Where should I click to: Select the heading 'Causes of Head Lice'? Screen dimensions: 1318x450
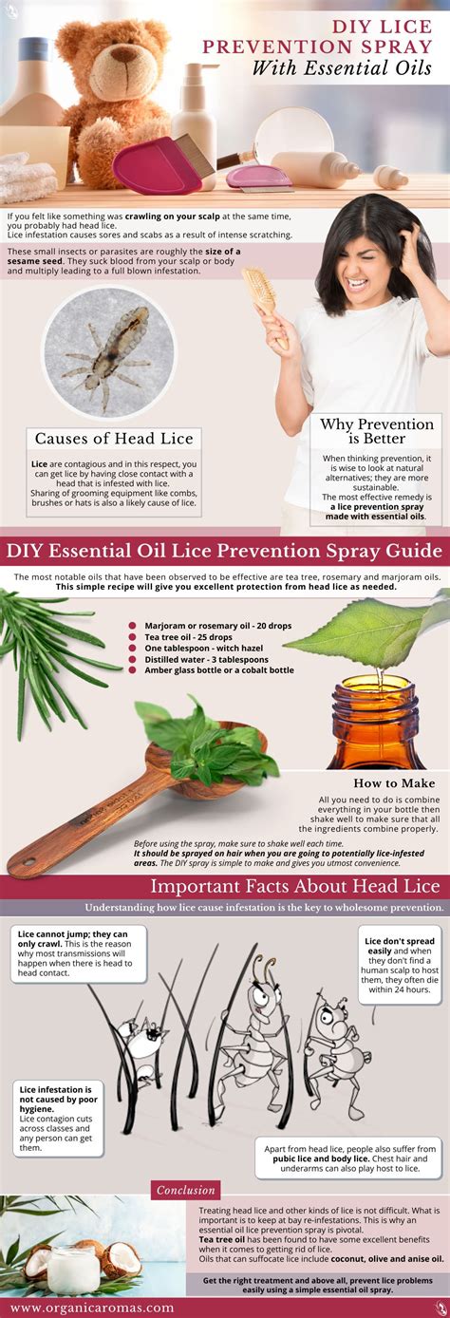pos(114,438)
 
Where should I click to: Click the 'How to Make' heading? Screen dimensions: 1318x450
pos(394,783)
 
